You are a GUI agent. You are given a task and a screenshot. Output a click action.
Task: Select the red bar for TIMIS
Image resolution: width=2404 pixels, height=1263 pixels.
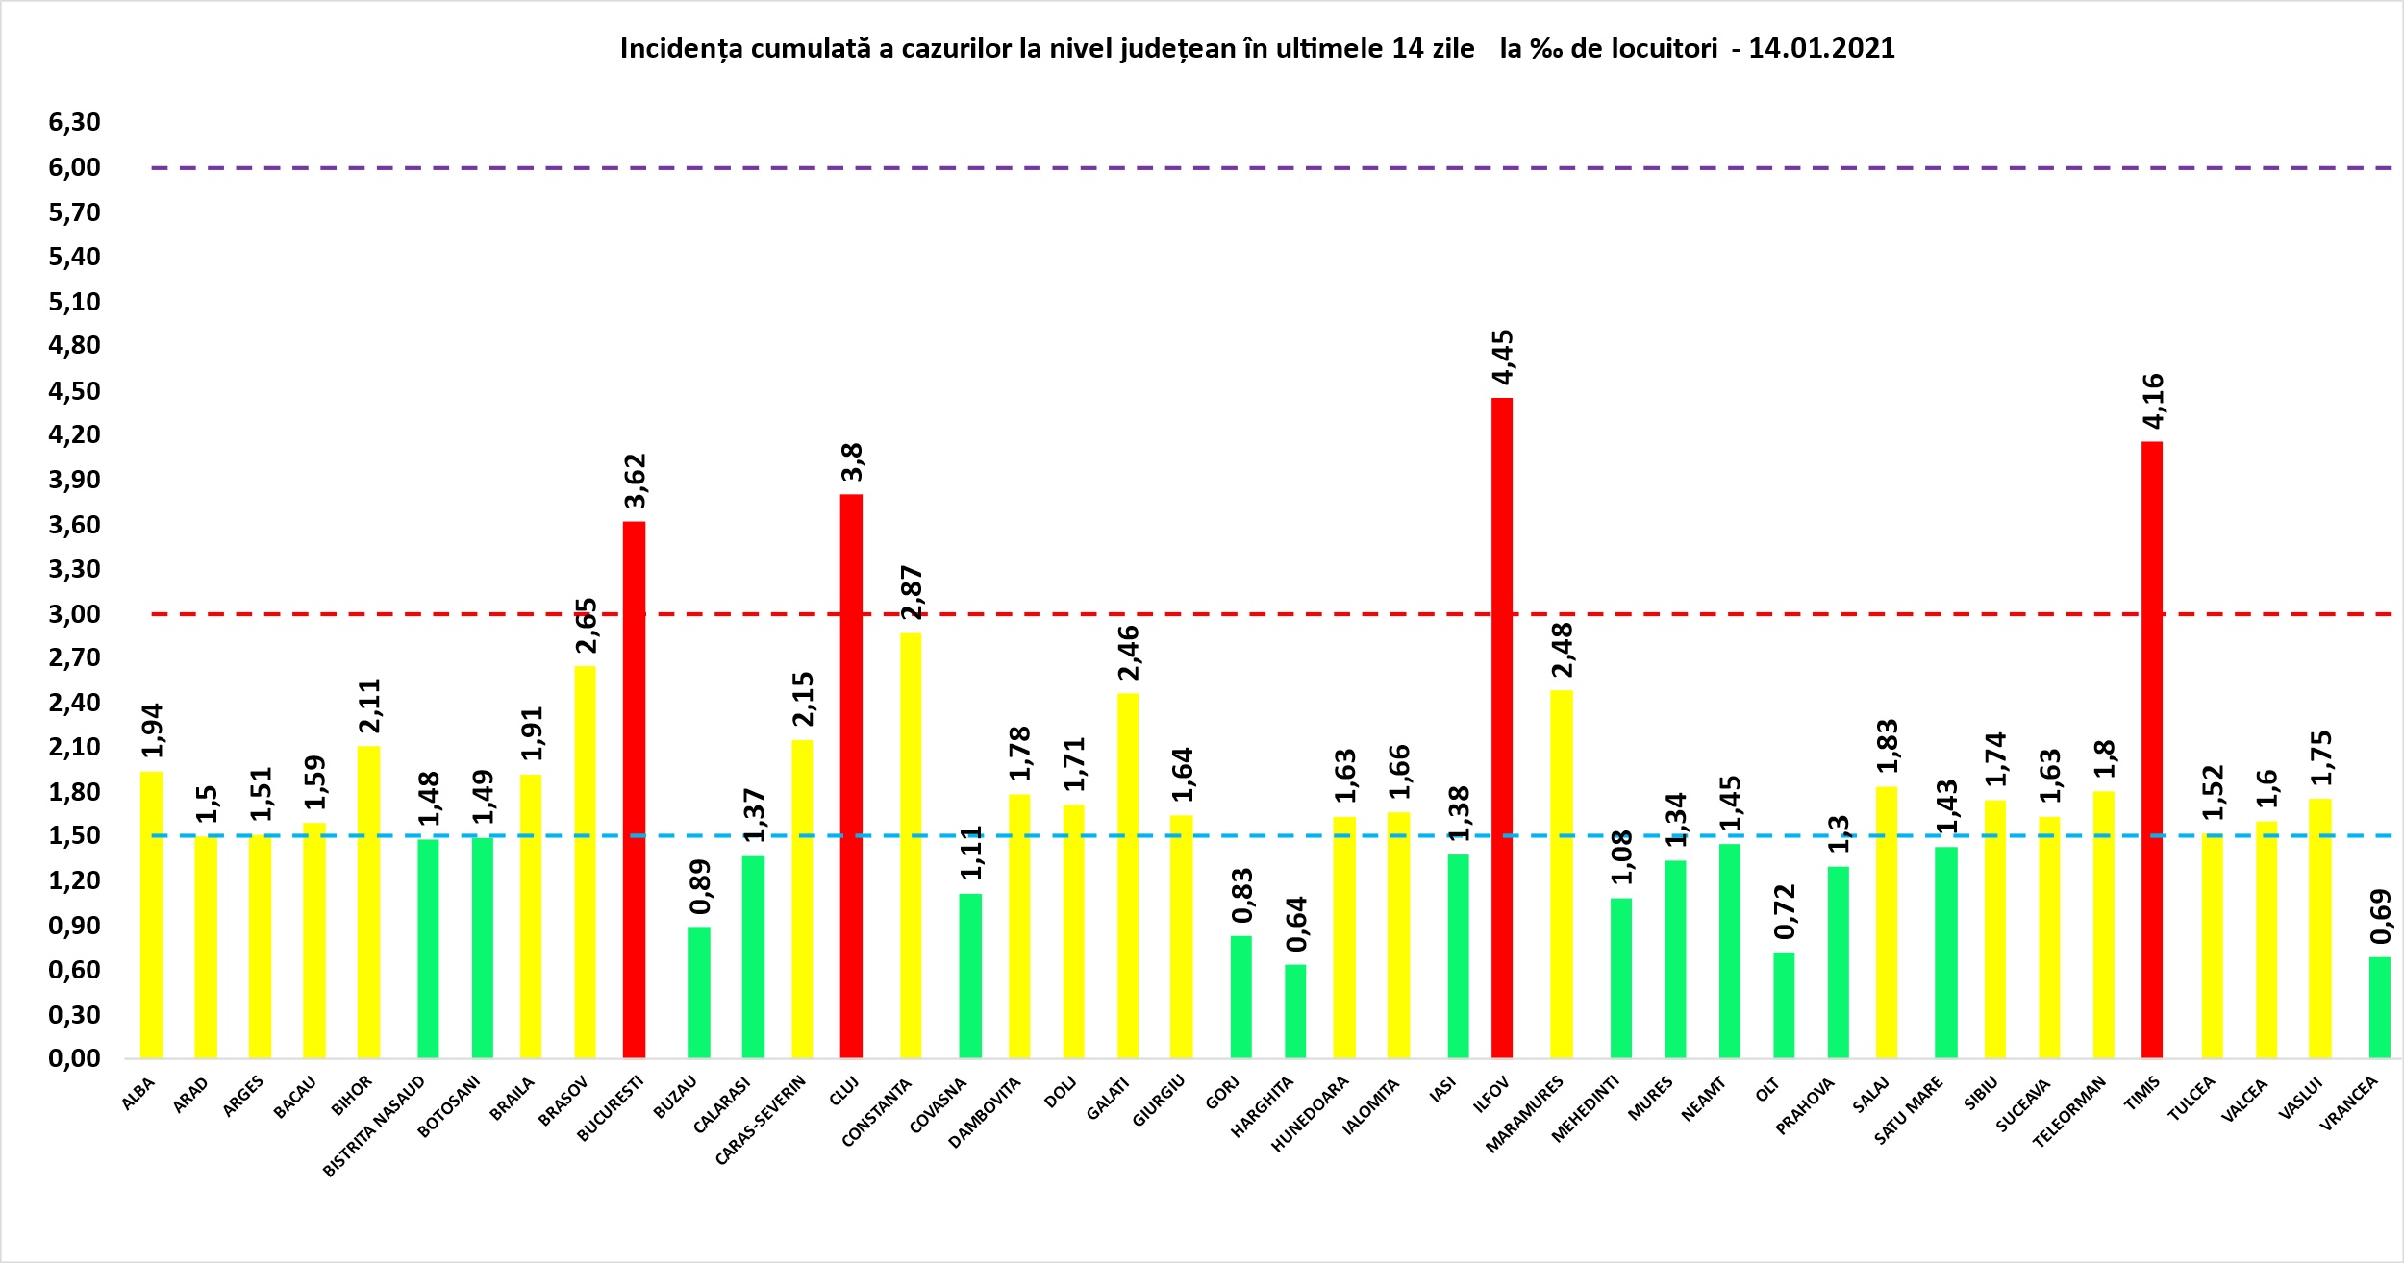coord(2151,750)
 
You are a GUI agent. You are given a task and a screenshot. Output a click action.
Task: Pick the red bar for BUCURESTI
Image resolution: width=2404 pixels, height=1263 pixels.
coord(634,789)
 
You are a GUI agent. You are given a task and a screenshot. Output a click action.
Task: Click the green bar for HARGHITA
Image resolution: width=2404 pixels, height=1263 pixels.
coord(1295,1010)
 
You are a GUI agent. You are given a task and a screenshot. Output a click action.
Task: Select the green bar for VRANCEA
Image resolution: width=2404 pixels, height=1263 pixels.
coord(2378,1006)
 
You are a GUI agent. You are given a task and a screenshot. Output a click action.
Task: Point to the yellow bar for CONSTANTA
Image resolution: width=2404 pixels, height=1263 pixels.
coord(911,845)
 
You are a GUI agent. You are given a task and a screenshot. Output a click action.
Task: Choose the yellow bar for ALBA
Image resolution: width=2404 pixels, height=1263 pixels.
coord(151,914)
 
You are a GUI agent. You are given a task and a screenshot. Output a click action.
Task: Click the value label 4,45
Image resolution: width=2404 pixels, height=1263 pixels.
coord(1502,357)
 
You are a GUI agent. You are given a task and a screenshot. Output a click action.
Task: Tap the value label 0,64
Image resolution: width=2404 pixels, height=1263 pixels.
coord(1296,924)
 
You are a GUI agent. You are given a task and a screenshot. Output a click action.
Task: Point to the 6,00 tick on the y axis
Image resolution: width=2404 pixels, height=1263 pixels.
coord(74,167)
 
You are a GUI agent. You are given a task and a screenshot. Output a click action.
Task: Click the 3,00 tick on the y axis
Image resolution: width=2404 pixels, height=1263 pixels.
coord(74,613)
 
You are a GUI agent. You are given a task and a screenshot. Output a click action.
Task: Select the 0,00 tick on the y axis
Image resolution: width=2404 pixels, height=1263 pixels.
coord(74,1058)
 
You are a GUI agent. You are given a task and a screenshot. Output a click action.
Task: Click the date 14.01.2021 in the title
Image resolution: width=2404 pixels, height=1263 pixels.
coord(1821,49)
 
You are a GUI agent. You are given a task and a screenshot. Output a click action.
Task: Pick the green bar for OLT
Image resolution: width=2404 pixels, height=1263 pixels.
coord(1784,1004)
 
